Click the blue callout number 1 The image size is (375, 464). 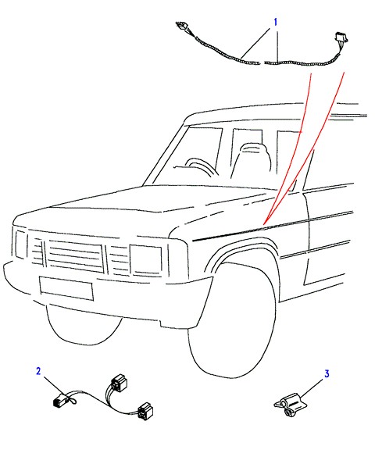276,22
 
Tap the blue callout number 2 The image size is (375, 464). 38,371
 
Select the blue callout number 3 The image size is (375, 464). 327,373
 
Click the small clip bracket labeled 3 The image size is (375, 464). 290,405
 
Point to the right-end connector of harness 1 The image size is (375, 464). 341,37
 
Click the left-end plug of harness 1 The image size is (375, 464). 181,26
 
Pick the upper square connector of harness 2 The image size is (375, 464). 119,382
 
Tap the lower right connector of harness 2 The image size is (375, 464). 145,412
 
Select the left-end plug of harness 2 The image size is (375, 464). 60,400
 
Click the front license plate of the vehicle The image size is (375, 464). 66,288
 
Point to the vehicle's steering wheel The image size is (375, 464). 202,167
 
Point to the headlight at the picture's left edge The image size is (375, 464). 21,244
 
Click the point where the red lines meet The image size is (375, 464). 263,224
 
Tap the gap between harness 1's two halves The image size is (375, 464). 262,63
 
